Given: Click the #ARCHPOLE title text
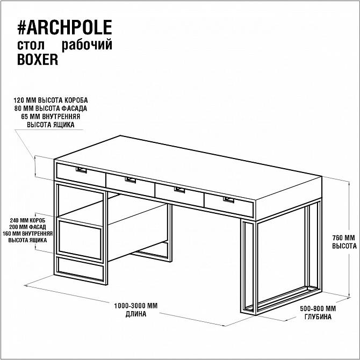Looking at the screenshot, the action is [64, 27].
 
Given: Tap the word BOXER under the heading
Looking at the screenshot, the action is [38, 59].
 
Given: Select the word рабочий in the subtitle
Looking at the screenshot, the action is [87, 45].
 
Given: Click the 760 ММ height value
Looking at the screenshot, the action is [343, 237].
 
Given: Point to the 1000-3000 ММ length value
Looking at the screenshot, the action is [136, 306].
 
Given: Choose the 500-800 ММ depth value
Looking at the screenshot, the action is [318, 308].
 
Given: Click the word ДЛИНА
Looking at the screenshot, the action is [136, 314].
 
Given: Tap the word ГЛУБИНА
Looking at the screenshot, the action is [318, 317].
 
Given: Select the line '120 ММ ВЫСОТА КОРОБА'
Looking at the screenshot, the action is [51, 100].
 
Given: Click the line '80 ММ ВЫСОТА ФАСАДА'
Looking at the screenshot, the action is [51, 109].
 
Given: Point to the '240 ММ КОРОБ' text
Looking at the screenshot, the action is [27, 220].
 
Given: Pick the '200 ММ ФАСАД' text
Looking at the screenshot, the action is [27, 227].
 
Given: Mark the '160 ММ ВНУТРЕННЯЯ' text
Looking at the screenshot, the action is [27, 234].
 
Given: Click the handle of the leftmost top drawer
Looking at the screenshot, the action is [81, 170].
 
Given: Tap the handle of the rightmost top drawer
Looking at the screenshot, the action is [228, 200].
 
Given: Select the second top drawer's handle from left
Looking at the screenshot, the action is [131, 180].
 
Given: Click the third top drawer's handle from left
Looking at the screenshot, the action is [179, 190].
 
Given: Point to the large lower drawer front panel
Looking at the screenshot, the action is [80, 240].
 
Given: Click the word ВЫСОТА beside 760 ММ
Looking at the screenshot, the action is [344, 246].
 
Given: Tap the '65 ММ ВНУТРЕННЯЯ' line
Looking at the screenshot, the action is [51, 117].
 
